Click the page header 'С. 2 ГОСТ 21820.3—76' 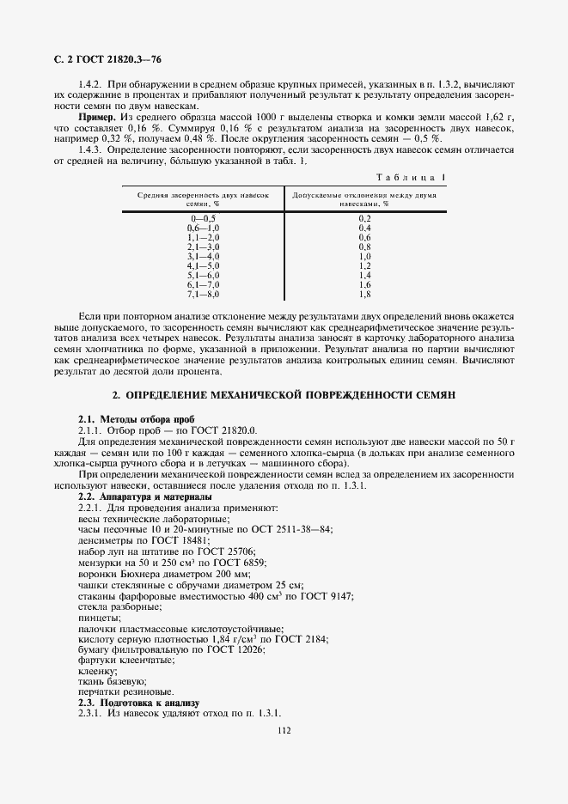pos(101,59)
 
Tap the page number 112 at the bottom pos(284,730)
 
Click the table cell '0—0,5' pos(204,218)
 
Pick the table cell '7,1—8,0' pos(204,294)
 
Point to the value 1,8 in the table pos(364,294)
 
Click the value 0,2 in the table pos(364,218)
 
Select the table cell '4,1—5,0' pos(204,265)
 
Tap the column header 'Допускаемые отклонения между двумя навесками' pos(364,200)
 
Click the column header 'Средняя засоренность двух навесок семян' pos(204,200)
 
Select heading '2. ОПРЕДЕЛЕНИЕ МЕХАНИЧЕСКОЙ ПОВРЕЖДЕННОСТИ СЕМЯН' pos(283,394)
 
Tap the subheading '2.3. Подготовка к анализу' pos(131,702)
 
